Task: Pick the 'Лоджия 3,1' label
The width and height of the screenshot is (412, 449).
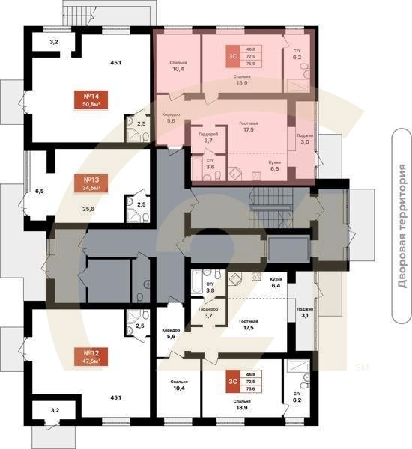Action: point(305,312)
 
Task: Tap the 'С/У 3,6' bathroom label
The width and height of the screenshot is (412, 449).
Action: point(210,164)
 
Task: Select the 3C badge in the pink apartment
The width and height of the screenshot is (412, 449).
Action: point(233,56)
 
